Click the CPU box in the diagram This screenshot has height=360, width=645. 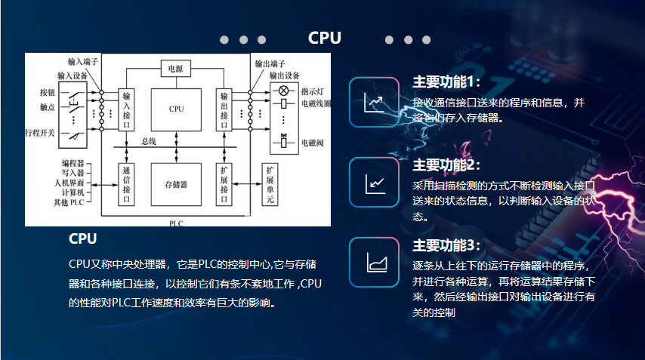(x=176, y=109)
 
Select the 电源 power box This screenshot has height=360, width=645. (x=176, y=69)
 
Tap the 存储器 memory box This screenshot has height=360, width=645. (x=176, y=184)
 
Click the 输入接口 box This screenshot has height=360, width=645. (x=127, y=110)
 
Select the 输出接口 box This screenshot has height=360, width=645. (x=224, y=110)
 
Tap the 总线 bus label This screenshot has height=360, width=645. (x=149, y=141)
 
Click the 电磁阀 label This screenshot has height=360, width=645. (x=312, y=142)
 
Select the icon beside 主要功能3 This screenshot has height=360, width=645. (x=374, y=262)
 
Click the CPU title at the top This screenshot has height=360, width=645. (x=325, y=38)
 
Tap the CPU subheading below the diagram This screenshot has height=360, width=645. (x=82, y=239)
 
